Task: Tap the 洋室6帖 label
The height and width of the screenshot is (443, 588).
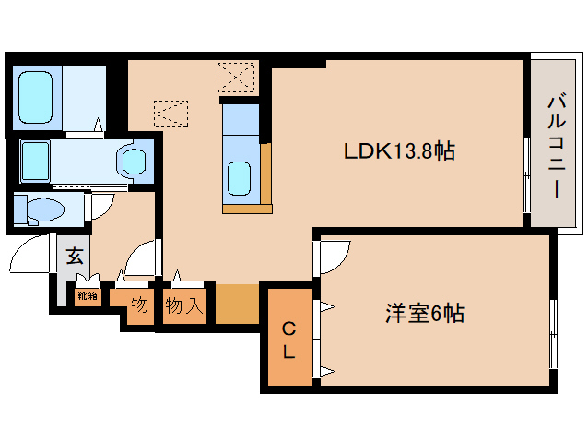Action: pos(424,314)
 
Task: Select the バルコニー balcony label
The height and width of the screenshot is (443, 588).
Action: pos(556,144)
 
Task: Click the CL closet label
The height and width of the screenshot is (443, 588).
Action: pos(289,339)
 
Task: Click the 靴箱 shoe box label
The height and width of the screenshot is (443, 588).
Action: pos(88,297)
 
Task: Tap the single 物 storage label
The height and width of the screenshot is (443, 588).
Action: pos(138,305)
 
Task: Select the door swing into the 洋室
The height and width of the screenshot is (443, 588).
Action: pos(334,256)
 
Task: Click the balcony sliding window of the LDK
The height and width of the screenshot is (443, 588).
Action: pos(526,175)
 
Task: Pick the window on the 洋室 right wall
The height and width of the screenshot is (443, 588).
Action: pos(553,333)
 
